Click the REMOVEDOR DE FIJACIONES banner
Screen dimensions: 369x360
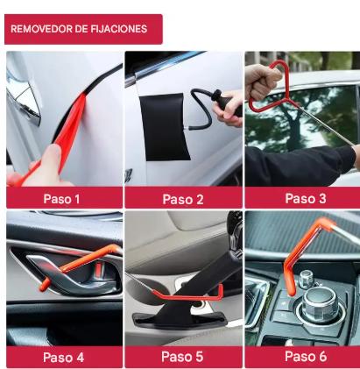83,29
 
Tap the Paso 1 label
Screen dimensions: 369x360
62,199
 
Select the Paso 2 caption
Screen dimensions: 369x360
183,199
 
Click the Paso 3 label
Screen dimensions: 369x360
304,199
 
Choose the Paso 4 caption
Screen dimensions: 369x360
63,357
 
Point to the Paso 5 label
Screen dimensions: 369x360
183,357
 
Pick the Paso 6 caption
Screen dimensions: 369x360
305,357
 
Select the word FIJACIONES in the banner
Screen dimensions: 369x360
117,29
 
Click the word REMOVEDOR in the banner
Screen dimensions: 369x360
43,29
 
